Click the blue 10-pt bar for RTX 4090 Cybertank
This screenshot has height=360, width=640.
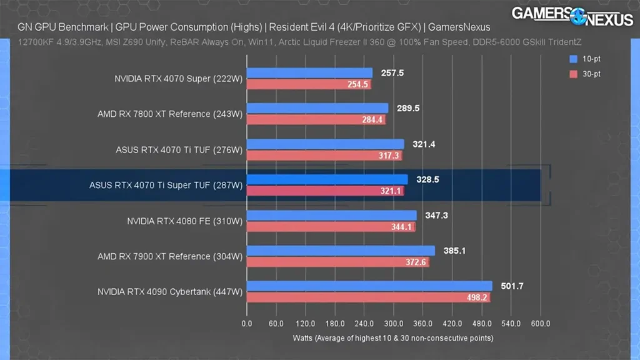coord(369,286)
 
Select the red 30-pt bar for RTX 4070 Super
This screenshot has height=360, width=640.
coord(309,84)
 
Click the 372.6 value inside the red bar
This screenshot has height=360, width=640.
coord(416,262)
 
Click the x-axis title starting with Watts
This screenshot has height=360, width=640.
coord(393,338)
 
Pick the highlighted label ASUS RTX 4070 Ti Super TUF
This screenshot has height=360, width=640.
coord(165,186)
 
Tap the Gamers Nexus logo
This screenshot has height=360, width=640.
coord(572,16)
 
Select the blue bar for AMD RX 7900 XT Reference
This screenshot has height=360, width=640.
coord(341,251)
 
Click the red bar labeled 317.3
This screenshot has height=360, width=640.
coord(324,156)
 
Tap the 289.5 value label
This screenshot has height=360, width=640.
coord(407,108)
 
